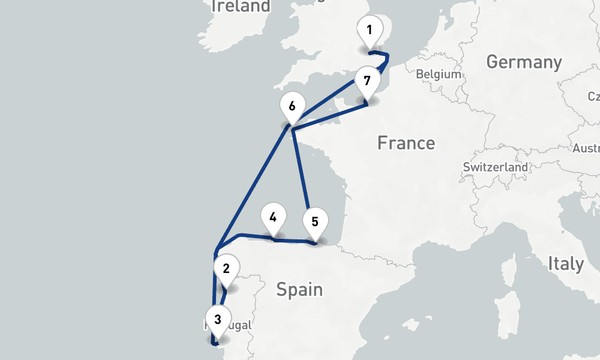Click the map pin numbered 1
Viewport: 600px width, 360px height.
(x=370, y=31)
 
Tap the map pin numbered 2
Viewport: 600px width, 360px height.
(x=226, y=269)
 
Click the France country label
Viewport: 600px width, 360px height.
(x=406, y=143)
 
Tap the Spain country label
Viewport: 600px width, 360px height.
(x=299, y=290)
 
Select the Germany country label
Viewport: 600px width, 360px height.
(x=524, y=62)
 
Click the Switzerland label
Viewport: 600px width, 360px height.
(x=496, y=167)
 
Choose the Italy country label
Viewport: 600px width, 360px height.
(x=565, y=263)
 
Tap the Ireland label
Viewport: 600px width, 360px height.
(x=241, y=7)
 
